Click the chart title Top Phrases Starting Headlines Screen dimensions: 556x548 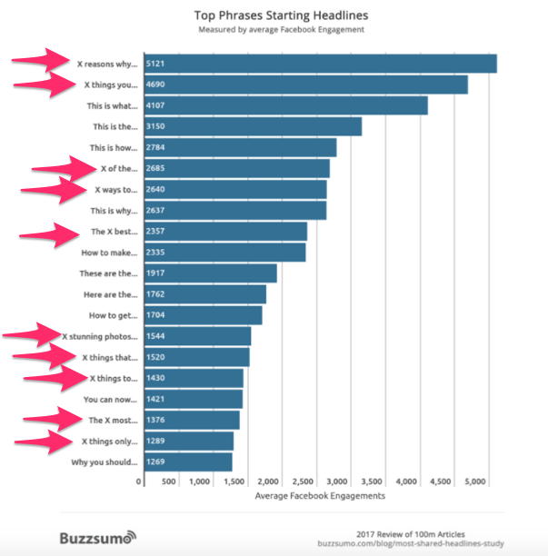(279, 15)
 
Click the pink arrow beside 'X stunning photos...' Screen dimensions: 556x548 (32, 336)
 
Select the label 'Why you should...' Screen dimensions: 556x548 (105, 462)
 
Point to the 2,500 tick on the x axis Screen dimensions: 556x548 (303, 481)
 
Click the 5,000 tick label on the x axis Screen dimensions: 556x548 (476, 481)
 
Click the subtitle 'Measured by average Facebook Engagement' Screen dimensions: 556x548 (279, 30)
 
